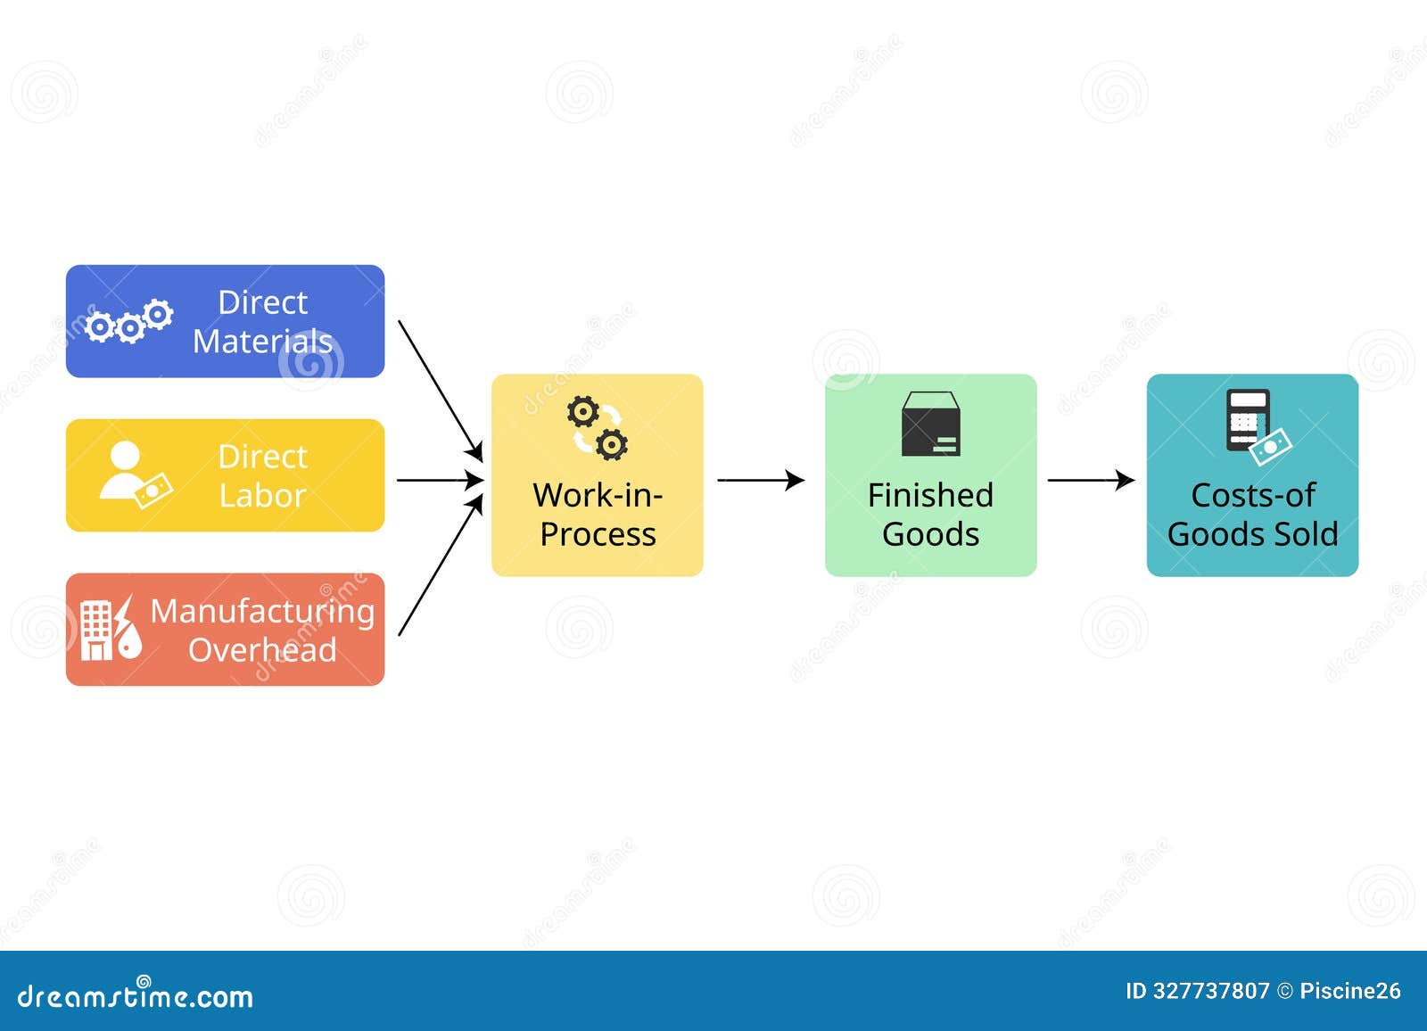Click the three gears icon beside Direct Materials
pos(129,322)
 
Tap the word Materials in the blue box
pos(262,342)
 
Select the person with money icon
pos(134,475)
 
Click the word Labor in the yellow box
pos(262,496)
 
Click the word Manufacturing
pos(262,612)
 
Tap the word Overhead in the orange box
pos(262,650)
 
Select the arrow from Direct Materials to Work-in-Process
pos(440,390)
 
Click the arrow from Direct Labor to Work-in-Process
pos(440,480)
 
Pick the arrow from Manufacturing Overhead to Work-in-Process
pos(440,568)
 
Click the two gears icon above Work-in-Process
pos(598,428)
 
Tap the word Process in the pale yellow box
pos(598,534)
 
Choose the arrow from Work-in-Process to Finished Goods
pos(760,480)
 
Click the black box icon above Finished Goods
pos(930,425)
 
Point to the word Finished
pos(930,495)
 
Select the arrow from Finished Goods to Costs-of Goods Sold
pos(1090,480)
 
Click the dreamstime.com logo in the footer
pos(136,995)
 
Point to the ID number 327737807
pos(1210,991)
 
